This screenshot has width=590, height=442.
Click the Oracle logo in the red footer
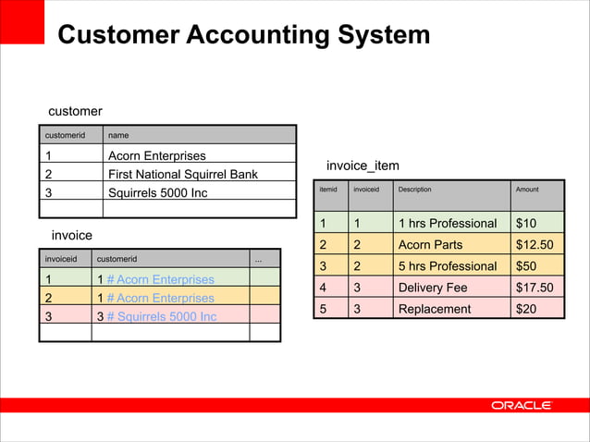point(522,405)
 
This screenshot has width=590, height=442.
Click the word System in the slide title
point(380,35)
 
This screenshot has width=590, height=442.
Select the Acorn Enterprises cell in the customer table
point(156,155)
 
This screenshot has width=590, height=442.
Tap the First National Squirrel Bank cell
point(182,174)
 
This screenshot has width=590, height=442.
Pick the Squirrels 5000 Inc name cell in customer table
point(157,193)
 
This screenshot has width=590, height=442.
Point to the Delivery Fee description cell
point(432,288)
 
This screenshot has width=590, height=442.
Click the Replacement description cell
point(432,309)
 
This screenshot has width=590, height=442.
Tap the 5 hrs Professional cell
point(447,266)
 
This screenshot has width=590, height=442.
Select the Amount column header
point(527,190)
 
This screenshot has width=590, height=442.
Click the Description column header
point(414,190)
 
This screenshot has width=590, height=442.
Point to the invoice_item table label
point(363,166)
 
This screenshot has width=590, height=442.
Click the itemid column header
point(327,190)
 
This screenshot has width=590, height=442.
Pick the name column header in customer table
point(118,135)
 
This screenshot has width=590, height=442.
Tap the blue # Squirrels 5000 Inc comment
point(161,317)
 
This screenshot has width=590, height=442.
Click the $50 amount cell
point(526,266)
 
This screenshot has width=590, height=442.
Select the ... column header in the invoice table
point(258,259)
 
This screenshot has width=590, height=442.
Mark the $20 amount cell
point(526,309)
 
